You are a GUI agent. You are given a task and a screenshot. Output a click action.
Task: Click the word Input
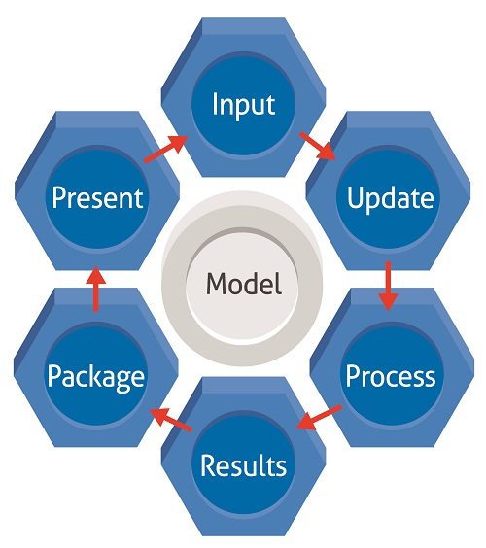click(x=242, y=103)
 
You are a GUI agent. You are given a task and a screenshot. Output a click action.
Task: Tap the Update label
click(x=389, y=198)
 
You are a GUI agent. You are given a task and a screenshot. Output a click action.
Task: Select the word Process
click(x=391, y=374)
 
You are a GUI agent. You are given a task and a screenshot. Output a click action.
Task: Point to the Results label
click(x=243, y=464)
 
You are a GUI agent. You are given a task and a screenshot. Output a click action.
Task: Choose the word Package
click(x=97, y=376)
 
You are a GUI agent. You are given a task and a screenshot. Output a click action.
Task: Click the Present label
click(x=97, y=198)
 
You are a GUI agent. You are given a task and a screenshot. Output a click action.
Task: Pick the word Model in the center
click(x=243, y=284)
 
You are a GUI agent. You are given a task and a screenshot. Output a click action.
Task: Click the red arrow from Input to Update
click(x=318, y=145)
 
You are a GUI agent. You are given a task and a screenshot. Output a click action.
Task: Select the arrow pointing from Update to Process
click(x=388, y=285)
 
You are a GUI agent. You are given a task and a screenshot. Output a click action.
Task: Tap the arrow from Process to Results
click(x=319, y=418)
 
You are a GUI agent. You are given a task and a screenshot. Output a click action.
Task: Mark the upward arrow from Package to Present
click(x=95, y=289)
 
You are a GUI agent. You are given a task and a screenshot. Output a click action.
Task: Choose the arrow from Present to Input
click(x=165, y=149)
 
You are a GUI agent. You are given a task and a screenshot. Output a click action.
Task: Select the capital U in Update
click(x=355, y=198)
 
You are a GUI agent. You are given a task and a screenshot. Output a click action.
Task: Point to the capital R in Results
click(x=207, y=464)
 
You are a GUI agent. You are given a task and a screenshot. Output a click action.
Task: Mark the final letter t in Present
click(x=139, y=199)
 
